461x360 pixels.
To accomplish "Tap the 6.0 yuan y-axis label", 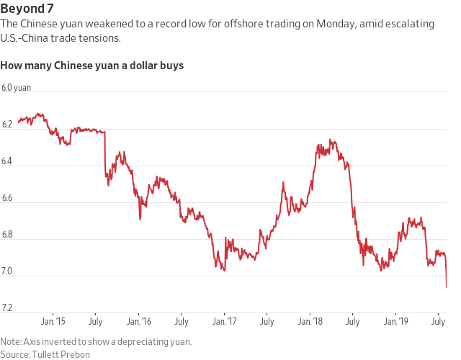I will (x=16, y=88).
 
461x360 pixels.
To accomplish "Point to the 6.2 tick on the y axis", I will (x=7, y=125).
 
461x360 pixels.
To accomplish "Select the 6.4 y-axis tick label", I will (x=7, y=161).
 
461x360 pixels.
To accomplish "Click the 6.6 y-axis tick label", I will (x=7, y=198).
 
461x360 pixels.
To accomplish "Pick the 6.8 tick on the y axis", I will (x=7, y=235).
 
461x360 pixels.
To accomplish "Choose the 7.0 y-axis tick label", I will (x=7, y=271).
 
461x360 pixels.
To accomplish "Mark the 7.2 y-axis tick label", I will (x=7, y=308).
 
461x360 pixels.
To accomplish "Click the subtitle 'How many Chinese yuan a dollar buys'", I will (x=91, y=66).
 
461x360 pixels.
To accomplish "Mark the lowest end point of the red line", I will (x=447, y=287).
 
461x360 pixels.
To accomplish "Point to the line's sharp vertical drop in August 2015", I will (x=106, y=155).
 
